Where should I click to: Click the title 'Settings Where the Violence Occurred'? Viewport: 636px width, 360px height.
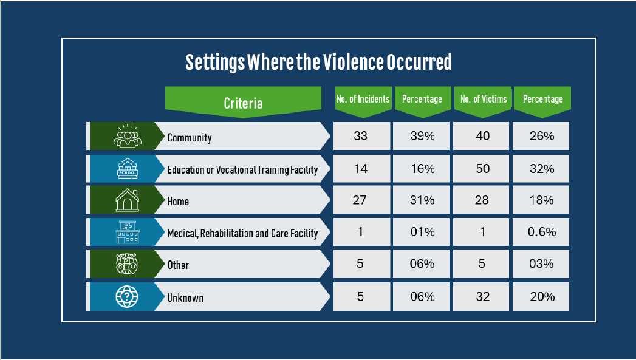318,63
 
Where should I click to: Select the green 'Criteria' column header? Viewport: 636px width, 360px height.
243,103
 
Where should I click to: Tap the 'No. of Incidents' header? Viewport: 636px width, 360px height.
363,99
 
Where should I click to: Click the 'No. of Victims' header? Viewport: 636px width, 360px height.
483,99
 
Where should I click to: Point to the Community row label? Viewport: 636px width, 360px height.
190,137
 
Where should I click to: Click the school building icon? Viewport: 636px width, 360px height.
127,169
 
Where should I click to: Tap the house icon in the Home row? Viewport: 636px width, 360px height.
127,201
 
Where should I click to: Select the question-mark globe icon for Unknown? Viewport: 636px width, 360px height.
127,297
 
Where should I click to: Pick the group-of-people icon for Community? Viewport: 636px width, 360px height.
127,136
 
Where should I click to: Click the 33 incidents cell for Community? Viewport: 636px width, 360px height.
361,136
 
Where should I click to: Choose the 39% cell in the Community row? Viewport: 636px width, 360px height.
422,136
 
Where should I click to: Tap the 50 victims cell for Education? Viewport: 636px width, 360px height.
482,168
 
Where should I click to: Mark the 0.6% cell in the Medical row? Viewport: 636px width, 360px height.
542,232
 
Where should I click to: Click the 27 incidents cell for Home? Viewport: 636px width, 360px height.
361,200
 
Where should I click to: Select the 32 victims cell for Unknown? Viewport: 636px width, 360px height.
482,296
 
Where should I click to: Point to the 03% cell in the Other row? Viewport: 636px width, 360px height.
542,264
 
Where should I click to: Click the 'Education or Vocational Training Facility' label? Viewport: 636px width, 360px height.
242,169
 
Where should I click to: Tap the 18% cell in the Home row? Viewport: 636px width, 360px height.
542,200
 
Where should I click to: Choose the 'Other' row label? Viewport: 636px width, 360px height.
178,265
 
